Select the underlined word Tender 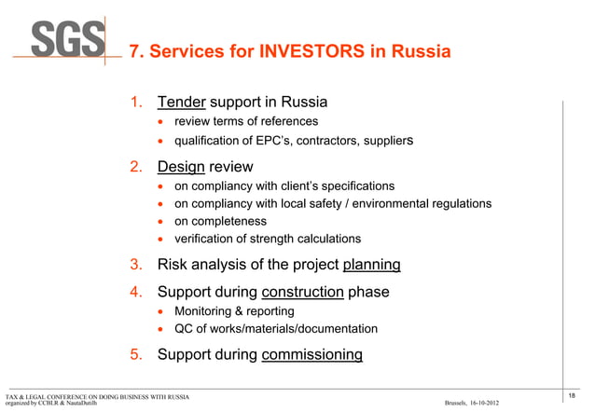pyautogui.click(x=182, y=101)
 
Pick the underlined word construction pyautogui.click(x=303, y=292)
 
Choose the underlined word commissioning pyautogui.click(x=312, y=354)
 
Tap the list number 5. pyautogui.click(x=137, y=354)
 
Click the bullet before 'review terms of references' pyautogui.click(x=161, y=122)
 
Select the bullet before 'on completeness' pyautogui.click(x=161, y=222)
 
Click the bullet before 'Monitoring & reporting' pyautogui.click(x=161, y=311)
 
